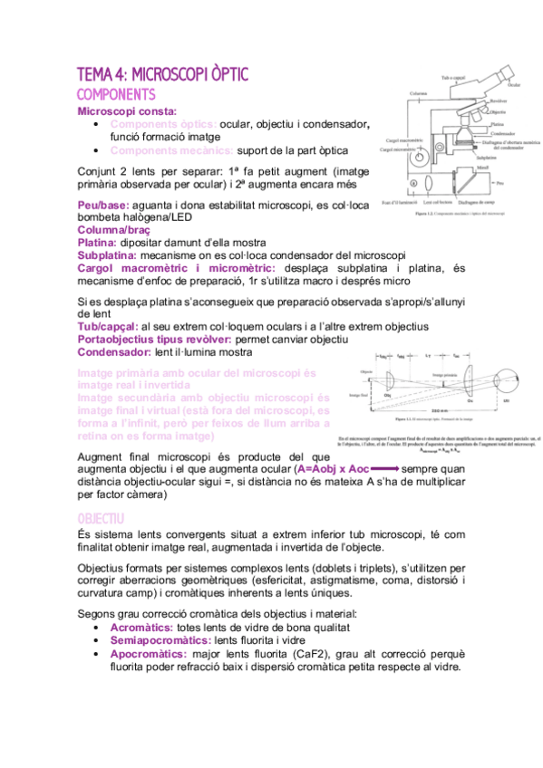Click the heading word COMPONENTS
click(x=116, y=94)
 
